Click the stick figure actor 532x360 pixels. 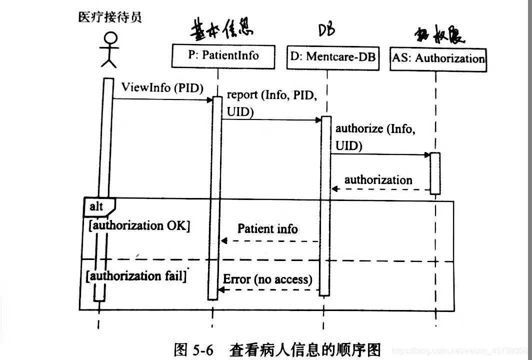tap(109, 49)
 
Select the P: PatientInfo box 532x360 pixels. tap(223, 55)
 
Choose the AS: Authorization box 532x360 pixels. tap(438, 58)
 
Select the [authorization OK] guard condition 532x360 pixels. tap(139, 225)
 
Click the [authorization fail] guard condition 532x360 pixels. tap(136, 275)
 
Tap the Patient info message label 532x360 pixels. tap(267, 229)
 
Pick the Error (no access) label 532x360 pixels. tap(267, 279)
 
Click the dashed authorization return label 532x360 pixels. tap(378, 180)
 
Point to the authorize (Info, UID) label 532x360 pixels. tap(374, 136)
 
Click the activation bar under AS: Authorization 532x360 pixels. tap(435, 173)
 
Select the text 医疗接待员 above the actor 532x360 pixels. tap(110, 17)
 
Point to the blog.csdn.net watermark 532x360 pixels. tap(460, 349)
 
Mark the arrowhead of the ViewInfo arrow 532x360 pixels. tap(210, 99)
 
